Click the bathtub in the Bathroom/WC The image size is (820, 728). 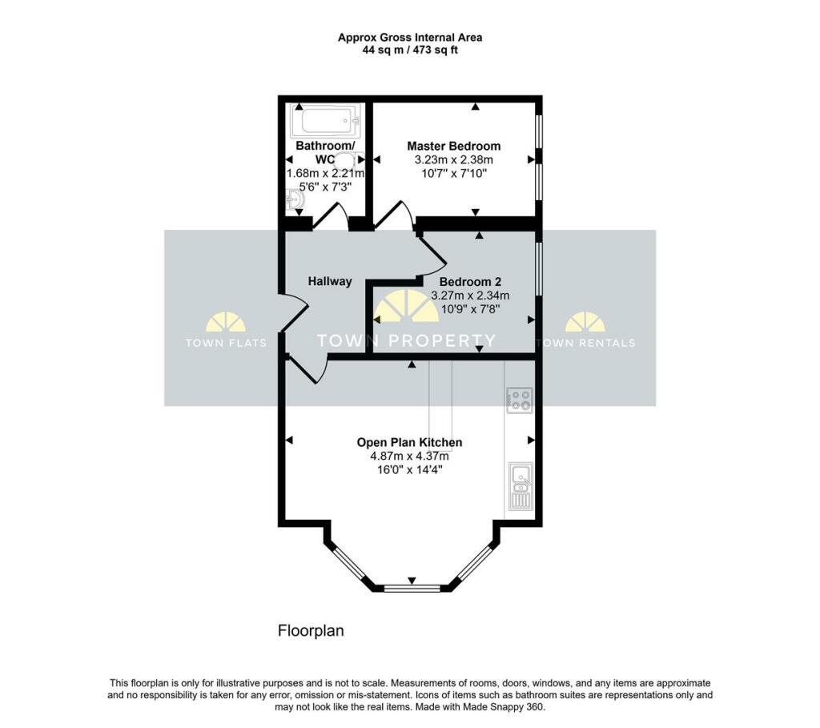coord(325,122)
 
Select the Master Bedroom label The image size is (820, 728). coord(453,146)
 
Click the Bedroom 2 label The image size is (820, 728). coord(470,282)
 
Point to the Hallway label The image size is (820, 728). coord(330,281)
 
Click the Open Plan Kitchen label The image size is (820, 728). coord(409,442)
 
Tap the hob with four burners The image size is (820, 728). coord(519,400)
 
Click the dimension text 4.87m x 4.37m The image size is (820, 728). coord(409,456)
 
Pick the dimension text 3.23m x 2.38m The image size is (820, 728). coord(453,159)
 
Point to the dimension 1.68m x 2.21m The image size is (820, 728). coord(325,173)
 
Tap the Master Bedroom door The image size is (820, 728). coord(394,215)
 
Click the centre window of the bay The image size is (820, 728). coord(412,589)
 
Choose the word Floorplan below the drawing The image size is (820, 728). coord(311,631)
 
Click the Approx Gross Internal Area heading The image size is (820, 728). coord(409,37)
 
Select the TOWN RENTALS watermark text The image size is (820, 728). coord(585,343)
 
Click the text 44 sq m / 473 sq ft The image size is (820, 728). coord(409,50)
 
